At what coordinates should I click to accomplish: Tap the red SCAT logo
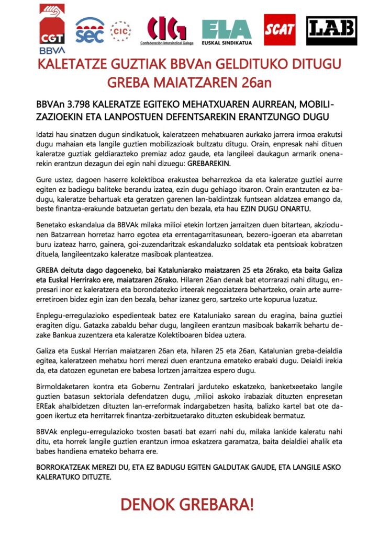(279, 30)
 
